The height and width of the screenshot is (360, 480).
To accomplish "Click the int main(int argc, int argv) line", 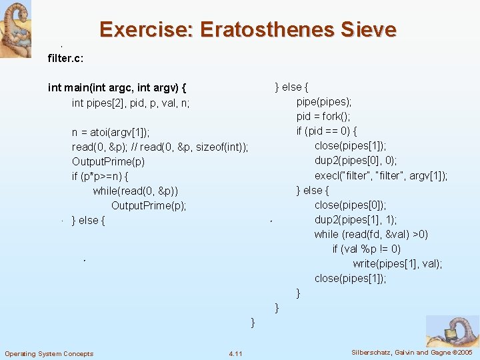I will [x=117, y=87].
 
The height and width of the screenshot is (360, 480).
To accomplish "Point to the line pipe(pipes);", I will [x=324, y=102].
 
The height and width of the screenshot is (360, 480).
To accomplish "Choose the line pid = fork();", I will [x=323, y=117].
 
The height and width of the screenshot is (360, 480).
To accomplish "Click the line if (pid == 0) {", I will [x=327, y=131].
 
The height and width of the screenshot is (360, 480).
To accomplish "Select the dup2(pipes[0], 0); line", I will [x=355, y=161].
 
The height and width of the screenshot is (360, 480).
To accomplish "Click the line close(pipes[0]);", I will [x=350, y=205].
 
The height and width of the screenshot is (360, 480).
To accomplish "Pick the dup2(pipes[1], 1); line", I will [x=355, y=219].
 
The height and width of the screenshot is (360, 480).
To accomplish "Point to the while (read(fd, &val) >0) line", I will [x=371, y=234].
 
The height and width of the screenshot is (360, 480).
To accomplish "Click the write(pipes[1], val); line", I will [x=397, y=263].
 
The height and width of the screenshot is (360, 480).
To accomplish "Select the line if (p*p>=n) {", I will [x=100, y=176].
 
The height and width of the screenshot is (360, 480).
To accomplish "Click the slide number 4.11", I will [x=235, y=353].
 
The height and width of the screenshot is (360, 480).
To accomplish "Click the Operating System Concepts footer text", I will [x=49, y=353].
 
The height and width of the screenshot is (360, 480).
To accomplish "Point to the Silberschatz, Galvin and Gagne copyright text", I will [x=411, y=352].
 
